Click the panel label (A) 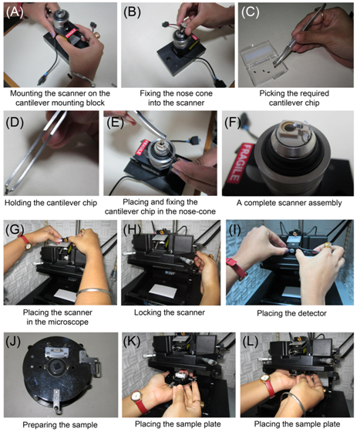[x=15, y=12]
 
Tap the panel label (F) [x=233, y=123]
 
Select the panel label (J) [x=13, y=342]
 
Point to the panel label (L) [x=251, y=342]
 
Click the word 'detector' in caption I [x=310, y=313]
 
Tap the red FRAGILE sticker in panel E [x=141, y=147]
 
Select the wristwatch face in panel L [x=264, y=379]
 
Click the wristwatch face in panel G [x=29, y=247]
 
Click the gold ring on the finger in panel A [x=97, y=35]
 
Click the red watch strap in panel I [x=238, y=268]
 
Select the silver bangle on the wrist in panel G [x=93, y=292]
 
